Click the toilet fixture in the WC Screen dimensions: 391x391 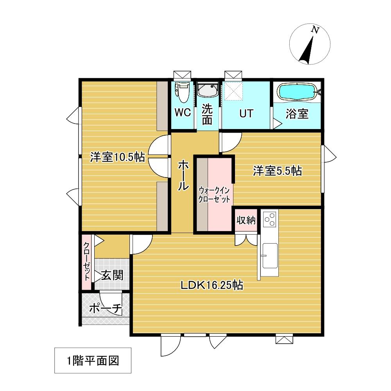click(182, 92)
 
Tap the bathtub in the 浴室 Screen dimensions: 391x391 click(298, 92)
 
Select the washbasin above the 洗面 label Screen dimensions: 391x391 click(208, 91)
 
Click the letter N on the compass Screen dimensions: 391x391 click(315, 30)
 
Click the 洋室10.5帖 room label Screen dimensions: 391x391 click(117, 157)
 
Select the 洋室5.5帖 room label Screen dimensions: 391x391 click(277, 171)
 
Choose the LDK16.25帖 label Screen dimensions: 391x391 click(212, 285)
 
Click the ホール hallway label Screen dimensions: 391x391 click(183, 175)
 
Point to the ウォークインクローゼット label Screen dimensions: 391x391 click(214, 195)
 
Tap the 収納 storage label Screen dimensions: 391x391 click(246, 220)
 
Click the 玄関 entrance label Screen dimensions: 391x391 click(112, 275)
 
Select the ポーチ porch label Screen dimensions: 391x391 click(105, 309)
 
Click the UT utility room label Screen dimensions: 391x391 click(246, 113)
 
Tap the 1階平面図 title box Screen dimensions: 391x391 click(93, 361)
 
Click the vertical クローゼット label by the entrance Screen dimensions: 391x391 click(86, 261)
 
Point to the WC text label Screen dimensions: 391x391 click(183, 113)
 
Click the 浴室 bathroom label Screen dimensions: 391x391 click(297, 114)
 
